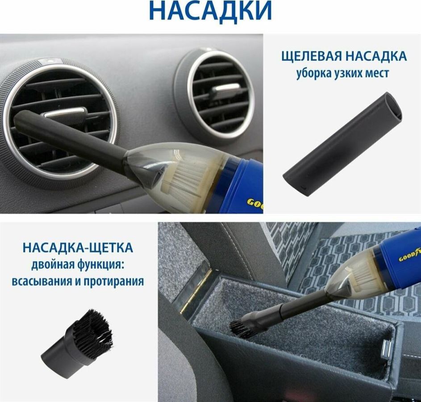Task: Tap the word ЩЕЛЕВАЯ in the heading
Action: pos(312,56)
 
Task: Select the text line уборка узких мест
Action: pos(342,73)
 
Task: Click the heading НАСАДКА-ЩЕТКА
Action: pos(78,247)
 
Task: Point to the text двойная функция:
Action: pos(78,265)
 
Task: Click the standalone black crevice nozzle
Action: pos(342,144)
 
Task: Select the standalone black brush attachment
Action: pos(77,339)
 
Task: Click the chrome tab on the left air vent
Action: pos(66,112)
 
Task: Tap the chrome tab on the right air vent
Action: pos(225,88)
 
